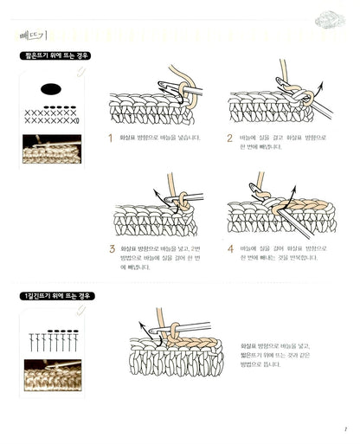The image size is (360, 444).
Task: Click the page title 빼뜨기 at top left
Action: coord(34,35)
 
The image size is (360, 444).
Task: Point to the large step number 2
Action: coord(230,138)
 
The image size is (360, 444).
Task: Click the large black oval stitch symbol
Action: coord(51,88)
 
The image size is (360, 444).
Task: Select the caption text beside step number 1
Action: coord(161,138)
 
